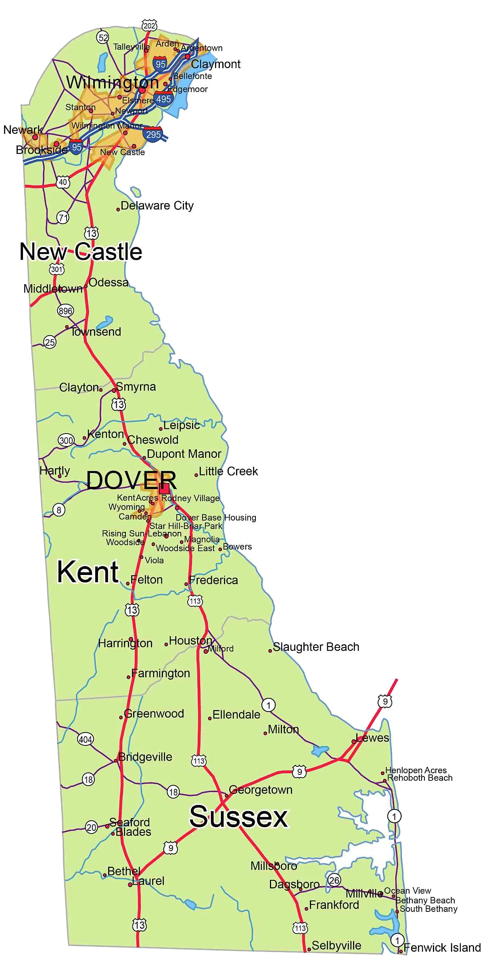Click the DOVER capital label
pyautogui.click(x=132, y=480)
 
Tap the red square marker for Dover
pyautogui.click(x=164, y=489)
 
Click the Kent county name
pyautogui.click(x=88, y=572)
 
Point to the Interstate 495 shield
pyautogui.click(x=163, y=98)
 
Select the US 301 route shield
pyautogui.click(x=57, y=269)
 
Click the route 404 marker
pyautogui.click(x=85, y=739)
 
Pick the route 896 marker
pyautogui.click(x=65, y=311)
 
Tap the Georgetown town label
pyautogui.click(x=261, y=789)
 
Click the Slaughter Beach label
pyautogui.click(x=316, y=647)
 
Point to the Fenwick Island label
pyautogui.click(x=442, y=947)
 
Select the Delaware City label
pyautogui.click(x=157, y=205)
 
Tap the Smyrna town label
pyautogui.click(x=136, y=387)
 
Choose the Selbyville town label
pyautogui.click(x=336, y=945)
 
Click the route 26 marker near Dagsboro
pyautogui.click(x=334, y=880)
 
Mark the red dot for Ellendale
pyautogui.click(x=210, y=718)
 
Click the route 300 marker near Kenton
pyautogui.click(x=66, y=440)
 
